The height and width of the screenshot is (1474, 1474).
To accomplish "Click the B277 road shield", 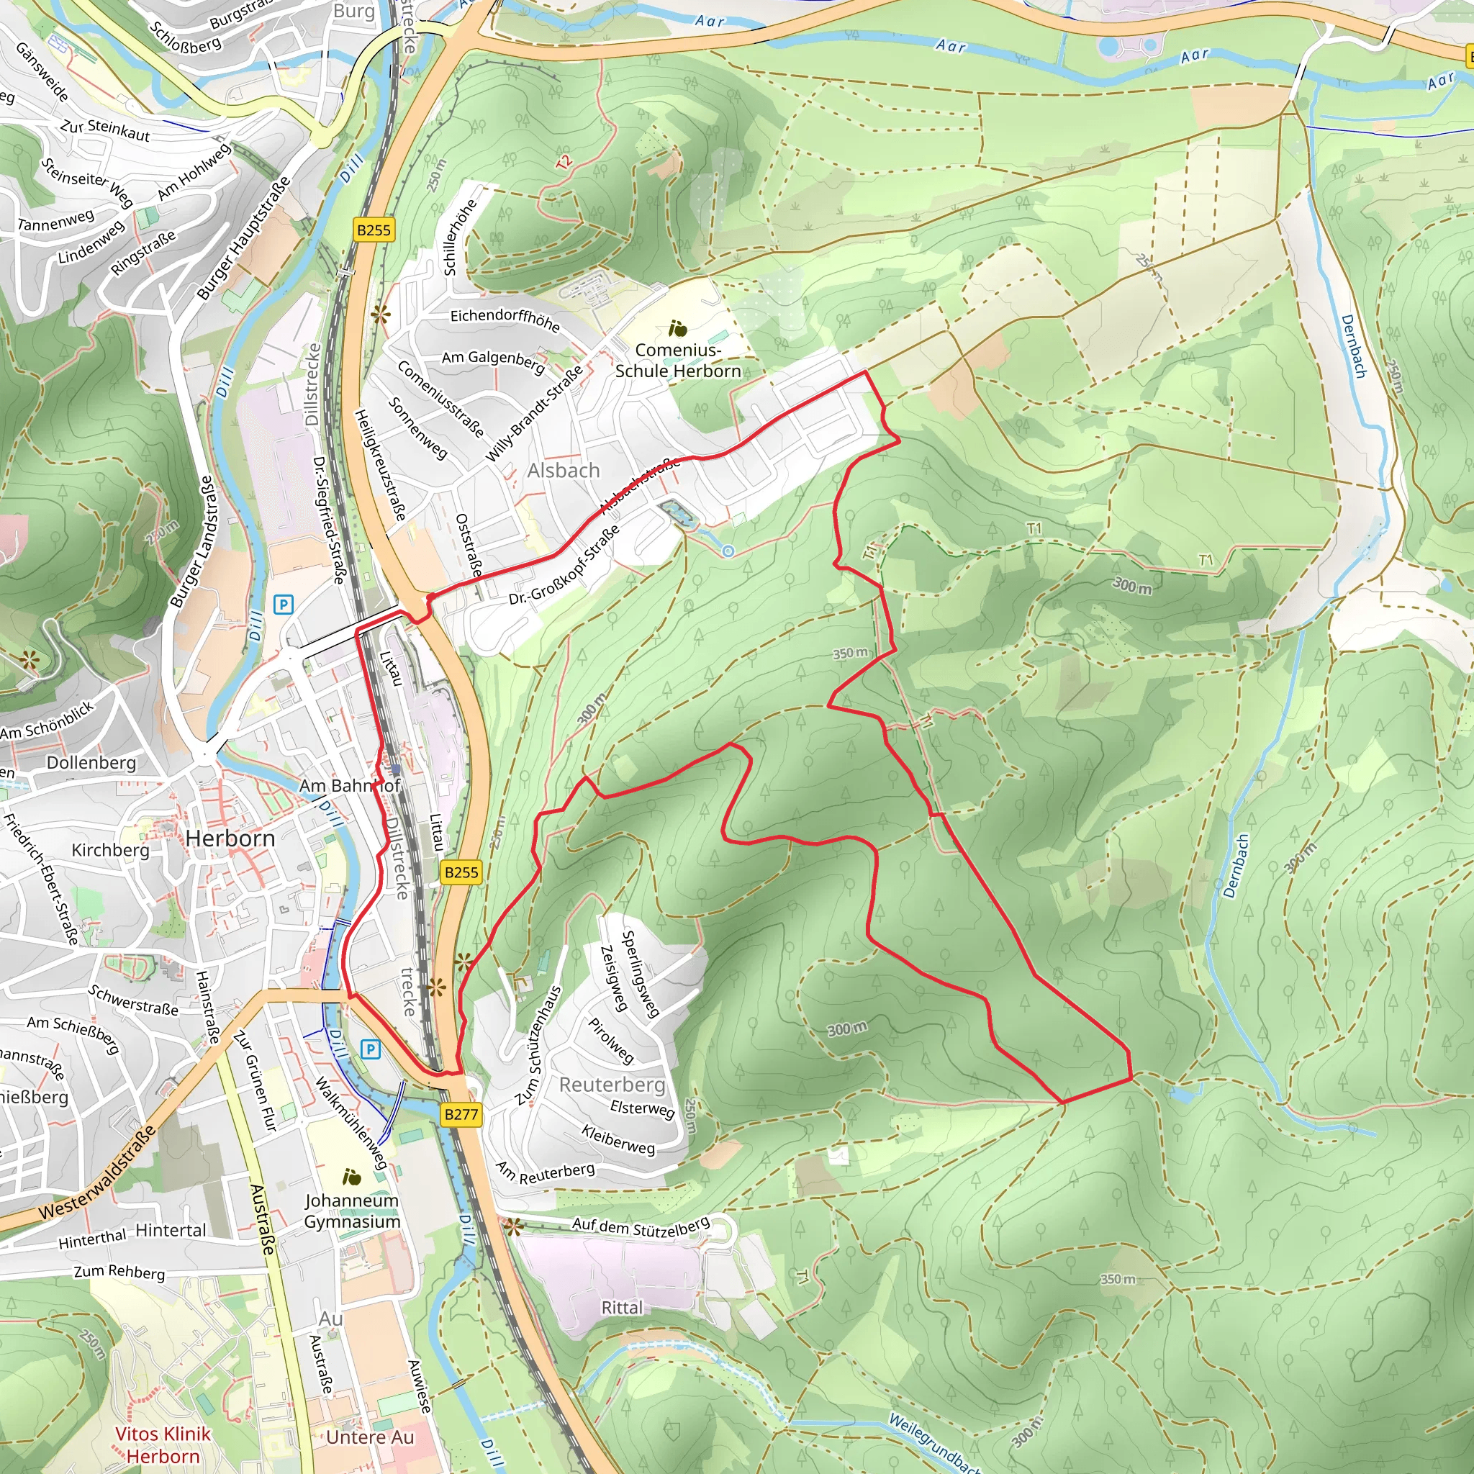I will point(461,1115).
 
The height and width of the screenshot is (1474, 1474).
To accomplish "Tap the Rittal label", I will point(622,1308).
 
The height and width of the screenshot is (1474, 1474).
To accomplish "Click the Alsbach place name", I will point(564,471).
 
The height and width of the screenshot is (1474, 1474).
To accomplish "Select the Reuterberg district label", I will point(612,1085).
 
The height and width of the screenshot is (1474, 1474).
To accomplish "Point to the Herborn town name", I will point(230,838).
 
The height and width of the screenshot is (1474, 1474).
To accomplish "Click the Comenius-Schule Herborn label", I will point(678,361).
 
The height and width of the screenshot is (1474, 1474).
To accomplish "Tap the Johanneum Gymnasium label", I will point(352,1211).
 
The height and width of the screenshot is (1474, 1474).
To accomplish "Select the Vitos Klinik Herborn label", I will point(163,1445).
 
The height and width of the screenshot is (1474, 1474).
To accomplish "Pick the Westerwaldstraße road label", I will point(97,1172).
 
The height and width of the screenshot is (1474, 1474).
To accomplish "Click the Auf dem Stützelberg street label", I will point(641,1226).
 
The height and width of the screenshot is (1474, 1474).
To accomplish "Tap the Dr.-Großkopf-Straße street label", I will point(564,565).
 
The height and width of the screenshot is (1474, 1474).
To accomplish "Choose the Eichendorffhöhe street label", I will point(505,320).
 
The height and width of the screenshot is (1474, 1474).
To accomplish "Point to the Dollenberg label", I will point(91,763).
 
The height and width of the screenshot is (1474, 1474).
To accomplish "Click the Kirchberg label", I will point(111,850).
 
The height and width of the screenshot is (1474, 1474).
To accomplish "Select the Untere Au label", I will point(370,1437).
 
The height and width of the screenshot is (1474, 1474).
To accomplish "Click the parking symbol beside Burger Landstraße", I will point(283,605).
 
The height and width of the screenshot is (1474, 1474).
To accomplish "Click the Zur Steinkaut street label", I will point(105,130).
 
